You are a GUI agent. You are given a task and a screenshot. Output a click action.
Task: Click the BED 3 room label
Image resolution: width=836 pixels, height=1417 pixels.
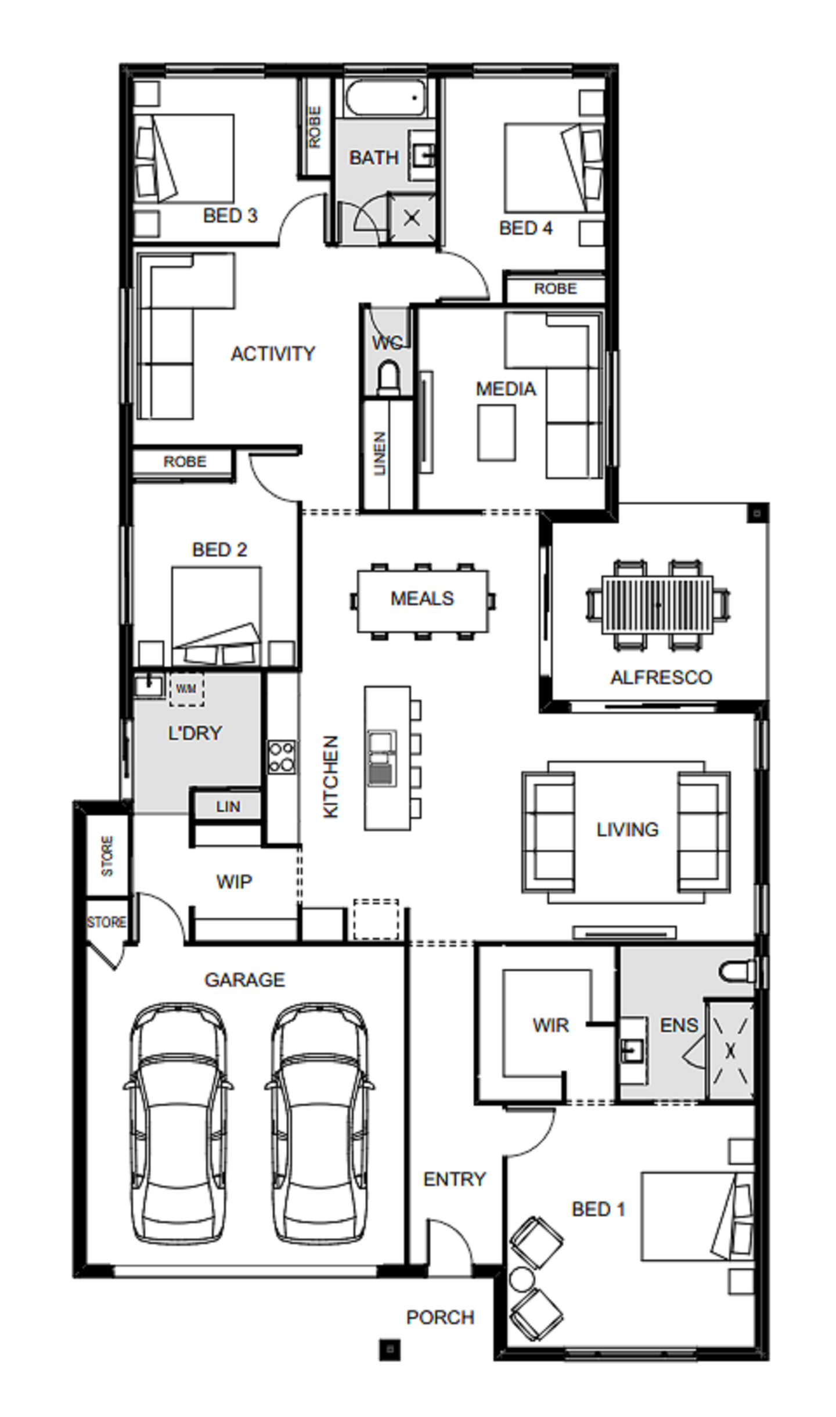tap(230, 215)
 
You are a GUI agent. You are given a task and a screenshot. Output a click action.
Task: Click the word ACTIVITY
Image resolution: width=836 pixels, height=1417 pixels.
tap(273, 354)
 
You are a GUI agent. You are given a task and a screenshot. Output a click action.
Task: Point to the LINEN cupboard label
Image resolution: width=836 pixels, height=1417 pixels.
tap(379, 454)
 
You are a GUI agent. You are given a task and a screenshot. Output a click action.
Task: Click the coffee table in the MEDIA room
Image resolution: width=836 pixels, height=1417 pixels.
tap(496, 433)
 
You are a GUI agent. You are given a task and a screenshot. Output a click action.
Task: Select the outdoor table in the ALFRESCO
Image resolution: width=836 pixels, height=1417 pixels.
tap(658, 604)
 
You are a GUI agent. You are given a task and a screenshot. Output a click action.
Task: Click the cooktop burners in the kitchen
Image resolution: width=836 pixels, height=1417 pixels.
tap(282, 757)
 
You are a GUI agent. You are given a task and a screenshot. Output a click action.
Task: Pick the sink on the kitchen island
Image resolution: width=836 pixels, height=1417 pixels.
tap(381, 757)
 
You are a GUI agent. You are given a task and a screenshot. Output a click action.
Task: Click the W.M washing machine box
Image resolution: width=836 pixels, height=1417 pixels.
tap(186, 689)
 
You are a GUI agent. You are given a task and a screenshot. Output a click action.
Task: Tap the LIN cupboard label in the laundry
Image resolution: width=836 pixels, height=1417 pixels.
tap(228, 807)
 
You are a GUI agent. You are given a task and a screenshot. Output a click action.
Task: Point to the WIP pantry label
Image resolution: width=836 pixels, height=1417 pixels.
tap(234, 882)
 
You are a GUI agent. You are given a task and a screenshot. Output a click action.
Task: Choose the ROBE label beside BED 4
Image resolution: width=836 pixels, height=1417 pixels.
tap(556, 289)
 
